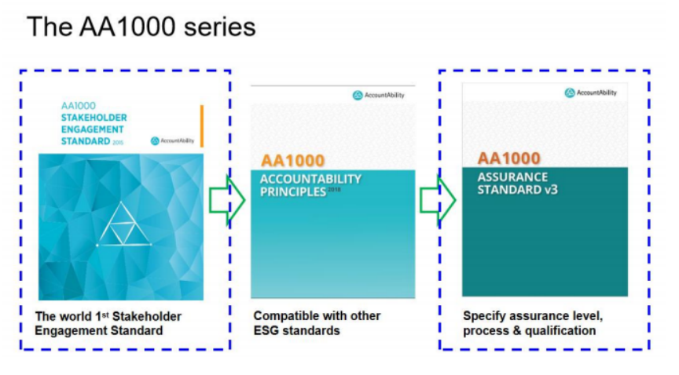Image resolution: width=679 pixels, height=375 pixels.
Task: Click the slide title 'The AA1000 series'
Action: pyautogui.click(x=141, y=27)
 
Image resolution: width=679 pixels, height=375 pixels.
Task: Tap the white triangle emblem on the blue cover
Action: pyautogui.click(x=124, y=224)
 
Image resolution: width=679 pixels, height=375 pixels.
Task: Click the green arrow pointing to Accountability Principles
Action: pyautogui.click(x=227, y=200)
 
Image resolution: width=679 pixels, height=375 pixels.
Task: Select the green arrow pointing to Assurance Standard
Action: pyautogui.click(x=438, y=200)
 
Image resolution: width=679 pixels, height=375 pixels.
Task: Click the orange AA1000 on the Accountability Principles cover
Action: pyautogui.click(x=292, y=161)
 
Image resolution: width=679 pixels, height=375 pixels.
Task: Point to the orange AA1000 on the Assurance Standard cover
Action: pyautogui.click(x=508, y=158)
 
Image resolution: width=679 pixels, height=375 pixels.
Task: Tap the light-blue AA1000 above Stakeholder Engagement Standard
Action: pyautogui.click(x=79, y=106)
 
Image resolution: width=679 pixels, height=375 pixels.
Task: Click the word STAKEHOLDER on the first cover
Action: pyautogui.click(x=94, y=118)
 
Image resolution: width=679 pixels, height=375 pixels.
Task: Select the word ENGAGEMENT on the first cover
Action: pyautogui.click(x=92, y=129)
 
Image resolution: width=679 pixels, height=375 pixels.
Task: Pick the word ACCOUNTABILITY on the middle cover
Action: pyautogui.click(x=310, y=179)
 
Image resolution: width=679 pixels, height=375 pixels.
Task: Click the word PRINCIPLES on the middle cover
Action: pyautogui.click(x=292, y=191)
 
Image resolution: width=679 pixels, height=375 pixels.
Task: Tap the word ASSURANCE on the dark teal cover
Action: pyautogui.click(x=512, y=177)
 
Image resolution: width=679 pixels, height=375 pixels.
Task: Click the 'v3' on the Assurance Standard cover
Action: pyautogui.click(x=550, y=189)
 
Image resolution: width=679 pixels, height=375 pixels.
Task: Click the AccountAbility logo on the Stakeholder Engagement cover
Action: pyautogui.click(x=172, y=140)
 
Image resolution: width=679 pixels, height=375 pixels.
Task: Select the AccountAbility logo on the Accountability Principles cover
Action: pyautogui.click(x=379, y=95)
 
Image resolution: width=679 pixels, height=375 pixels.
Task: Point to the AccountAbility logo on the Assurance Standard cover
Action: pyautogui.click(x=590, y=93)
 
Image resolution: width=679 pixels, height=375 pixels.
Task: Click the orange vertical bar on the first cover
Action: pyautogui.click(x=202, y=126)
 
